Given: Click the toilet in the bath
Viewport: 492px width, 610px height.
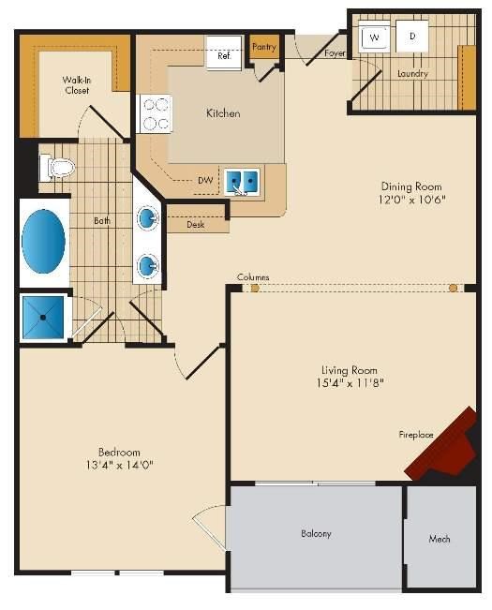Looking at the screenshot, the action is (57, 168).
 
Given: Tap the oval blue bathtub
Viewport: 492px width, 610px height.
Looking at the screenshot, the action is (43, 242).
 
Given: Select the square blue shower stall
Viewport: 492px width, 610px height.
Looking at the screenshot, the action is (43, 318).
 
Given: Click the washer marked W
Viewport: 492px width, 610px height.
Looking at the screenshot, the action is (374, 37).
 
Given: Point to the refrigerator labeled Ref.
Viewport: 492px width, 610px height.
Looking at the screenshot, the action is (224, 52).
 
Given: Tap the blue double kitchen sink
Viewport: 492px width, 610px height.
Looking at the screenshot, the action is (242, 182).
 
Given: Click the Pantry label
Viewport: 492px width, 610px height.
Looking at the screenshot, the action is (264, 47).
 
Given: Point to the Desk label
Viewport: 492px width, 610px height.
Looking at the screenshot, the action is (195, 225).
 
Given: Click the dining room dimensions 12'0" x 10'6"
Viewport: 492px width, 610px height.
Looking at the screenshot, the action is (411, 200).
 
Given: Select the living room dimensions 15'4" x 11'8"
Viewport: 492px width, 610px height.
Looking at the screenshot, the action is (350, 383).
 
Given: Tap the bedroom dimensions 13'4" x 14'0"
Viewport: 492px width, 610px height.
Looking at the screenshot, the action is (119, 465).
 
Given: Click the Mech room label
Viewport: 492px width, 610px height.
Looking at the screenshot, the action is (440, 539).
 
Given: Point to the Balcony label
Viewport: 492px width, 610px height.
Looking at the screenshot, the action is (316, 533).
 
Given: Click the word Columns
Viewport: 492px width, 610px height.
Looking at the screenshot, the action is (253, 277).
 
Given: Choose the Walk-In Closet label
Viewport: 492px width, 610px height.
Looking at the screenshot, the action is (77, 85).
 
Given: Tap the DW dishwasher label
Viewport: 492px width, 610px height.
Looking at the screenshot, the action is (205, 181).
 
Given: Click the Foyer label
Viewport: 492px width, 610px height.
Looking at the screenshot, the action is (335, 52).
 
